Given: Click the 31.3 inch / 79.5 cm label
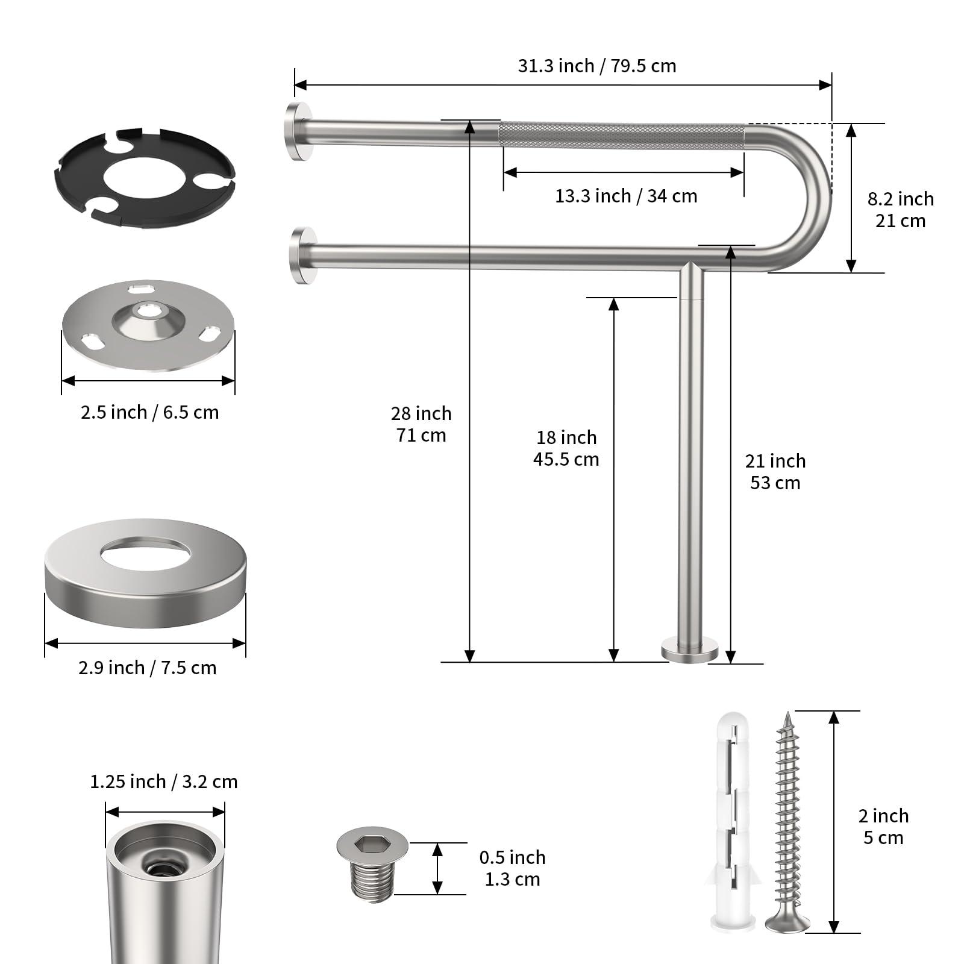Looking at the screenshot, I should pyautogui.click(x=596, y=66).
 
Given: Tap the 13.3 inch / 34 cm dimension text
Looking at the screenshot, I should pyautogui.click(x=625, y=196).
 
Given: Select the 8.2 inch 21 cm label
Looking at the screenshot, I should pyautogui.click(x=900, y=210).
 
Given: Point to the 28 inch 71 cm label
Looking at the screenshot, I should pyautogui.click(x=421, y=424).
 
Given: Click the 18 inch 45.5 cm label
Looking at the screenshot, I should pyautogui.click(x=566, y=448).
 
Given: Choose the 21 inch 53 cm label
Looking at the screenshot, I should pyautogui.click(x=775, y=472).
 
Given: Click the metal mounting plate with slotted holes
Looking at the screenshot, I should pyautogui.click(x=148, y=325).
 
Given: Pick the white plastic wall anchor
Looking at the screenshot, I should pyautogui.click(x=732, y=819).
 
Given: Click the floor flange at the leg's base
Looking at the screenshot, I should pyautogui.click(x=690, y=651).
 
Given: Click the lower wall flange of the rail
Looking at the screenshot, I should pyautogui.click(x=301, y=255).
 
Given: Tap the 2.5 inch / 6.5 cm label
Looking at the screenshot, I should pyautogui.click(x=149, y=413).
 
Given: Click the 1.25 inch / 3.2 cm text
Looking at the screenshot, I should pyautogui.click(x=163, y=782).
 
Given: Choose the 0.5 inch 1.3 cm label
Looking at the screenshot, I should pyautogui.click(x=512, y=868).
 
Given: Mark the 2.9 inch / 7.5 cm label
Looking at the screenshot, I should pyautogui.click(x=147, y=668).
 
